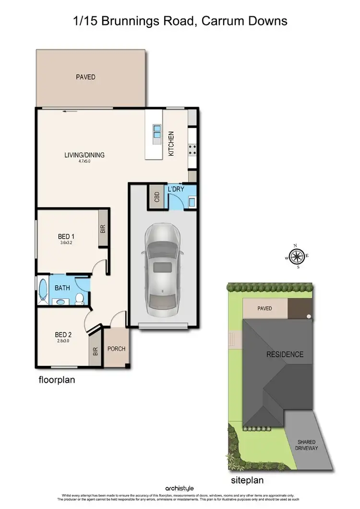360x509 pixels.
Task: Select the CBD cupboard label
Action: (x=156, y=197)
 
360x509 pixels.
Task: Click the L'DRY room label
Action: (x=176, y=189)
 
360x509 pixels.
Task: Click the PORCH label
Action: (x=116, y=349)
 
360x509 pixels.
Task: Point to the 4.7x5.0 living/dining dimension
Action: (x=84, y=161)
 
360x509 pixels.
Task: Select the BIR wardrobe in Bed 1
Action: (x=103, y=229)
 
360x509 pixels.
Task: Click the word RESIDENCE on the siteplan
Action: (x=285, y=354)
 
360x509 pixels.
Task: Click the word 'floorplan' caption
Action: (x=57, y=380)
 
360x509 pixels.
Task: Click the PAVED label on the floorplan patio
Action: (x=85, y=77)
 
